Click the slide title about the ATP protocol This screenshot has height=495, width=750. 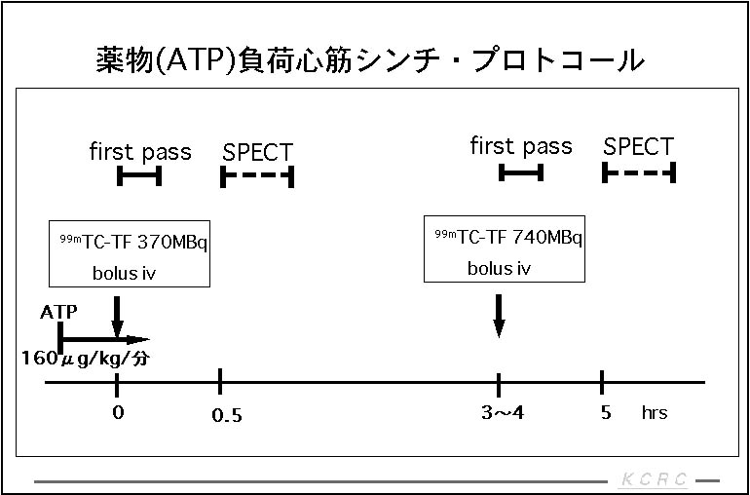click(x=370, y=59)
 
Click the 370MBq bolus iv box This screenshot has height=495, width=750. click(x=129, y=253)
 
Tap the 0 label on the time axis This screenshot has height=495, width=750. click(x=117, y=411)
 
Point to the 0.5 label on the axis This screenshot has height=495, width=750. click(x=226, y=416)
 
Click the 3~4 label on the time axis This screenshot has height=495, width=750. click(x=502, y=412)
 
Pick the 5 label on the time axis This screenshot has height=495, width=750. click(x=606, y=412)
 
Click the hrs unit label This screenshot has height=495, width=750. click(x=655, y=413)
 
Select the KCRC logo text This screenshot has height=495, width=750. click(x=654, y=479)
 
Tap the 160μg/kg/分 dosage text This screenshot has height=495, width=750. click(x=86, y=358)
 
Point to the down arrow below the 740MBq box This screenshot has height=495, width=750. click(x=499, y=314)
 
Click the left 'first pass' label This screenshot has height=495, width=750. click(x=140, y=152)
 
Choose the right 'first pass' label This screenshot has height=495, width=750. click(x=521, y=147)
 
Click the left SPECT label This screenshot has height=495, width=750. click(x=257, y=152)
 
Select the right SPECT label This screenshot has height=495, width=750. click(x=638, y=147)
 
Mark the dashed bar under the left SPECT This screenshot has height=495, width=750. click(x=257, y=176)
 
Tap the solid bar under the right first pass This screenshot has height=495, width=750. click(x=520, y=172)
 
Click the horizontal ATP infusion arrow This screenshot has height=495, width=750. click(x=102, y=341)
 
